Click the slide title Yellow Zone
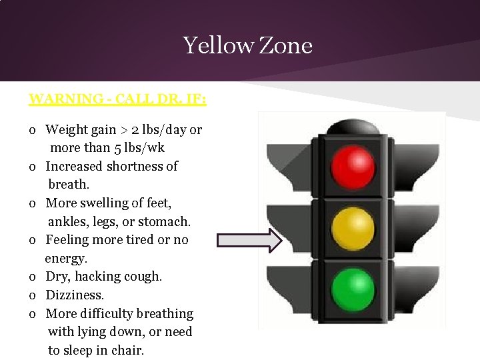pyautogui.click(x=247, y=45)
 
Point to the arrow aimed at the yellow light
pyautogui.click(x=250, y=240)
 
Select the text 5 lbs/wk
pyautogui.click(x=141, y=147)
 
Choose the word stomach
pyautogui.click(x=165, y=221)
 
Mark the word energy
pyautogui.click(x=66, y=258)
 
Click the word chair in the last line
pyautogui.click(x=129, y=350)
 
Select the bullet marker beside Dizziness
pyautogui.click(x=33, y=295)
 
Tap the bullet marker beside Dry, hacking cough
pyautogui.click(x=33, y=277)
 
